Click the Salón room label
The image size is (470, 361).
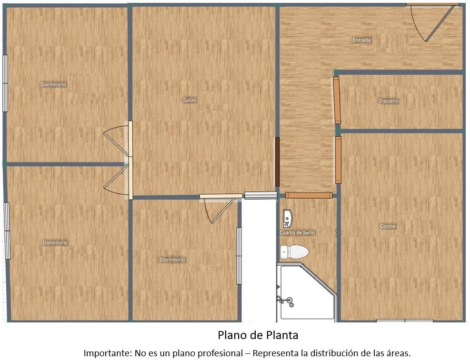190,100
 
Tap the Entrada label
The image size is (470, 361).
361,40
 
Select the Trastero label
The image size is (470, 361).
388,101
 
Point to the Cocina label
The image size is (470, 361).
388,226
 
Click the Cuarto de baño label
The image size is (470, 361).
297,233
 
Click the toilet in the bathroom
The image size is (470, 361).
294,252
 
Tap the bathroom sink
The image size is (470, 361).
288,219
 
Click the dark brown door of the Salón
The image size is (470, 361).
277,161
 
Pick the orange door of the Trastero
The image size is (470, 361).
337,100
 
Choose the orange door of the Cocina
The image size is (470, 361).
338,160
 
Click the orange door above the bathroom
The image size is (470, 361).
309,195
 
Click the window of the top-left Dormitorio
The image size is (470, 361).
5,83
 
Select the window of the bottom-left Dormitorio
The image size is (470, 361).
7,231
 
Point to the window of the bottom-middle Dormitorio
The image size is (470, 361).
239,256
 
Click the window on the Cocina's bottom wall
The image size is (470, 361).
405,321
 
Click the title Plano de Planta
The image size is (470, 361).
258,335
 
